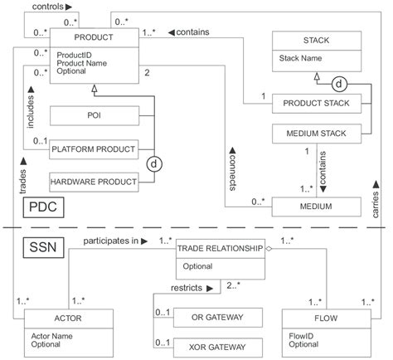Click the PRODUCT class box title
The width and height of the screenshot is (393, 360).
point(93,37)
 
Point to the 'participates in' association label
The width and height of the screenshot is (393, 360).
point(110,240)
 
